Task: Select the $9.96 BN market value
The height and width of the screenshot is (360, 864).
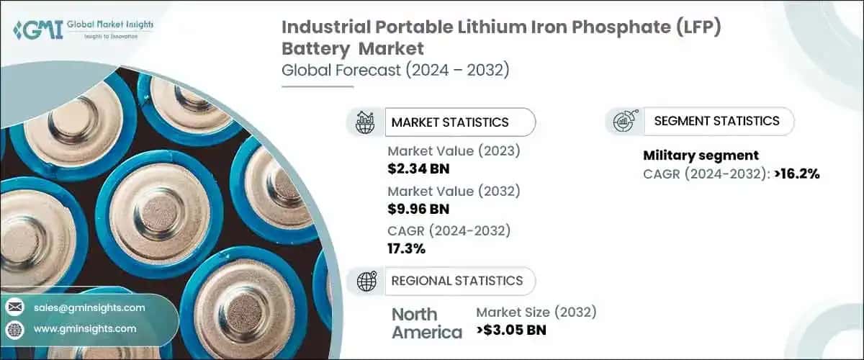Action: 418,209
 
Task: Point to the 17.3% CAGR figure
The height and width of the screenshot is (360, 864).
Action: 406,248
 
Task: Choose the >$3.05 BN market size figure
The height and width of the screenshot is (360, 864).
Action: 511,330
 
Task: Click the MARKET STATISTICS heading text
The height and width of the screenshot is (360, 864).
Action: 449,122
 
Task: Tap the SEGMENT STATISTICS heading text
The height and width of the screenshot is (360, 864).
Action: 716,121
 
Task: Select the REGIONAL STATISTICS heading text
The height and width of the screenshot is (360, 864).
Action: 456,280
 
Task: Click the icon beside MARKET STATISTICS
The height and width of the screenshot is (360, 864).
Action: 365,122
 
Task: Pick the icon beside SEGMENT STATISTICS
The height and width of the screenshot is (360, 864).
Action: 624,121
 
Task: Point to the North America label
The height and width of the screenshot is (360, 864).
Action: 426,323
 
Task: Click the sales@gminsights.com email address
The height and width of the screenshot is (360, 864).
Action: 89,307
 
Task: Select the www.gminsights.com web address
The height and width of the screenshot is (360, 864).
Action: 85,329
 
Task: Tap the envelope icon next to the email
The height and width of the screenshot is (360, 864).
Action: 14,307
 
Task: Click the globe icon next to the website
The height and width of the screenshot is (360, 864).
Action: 14,329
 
